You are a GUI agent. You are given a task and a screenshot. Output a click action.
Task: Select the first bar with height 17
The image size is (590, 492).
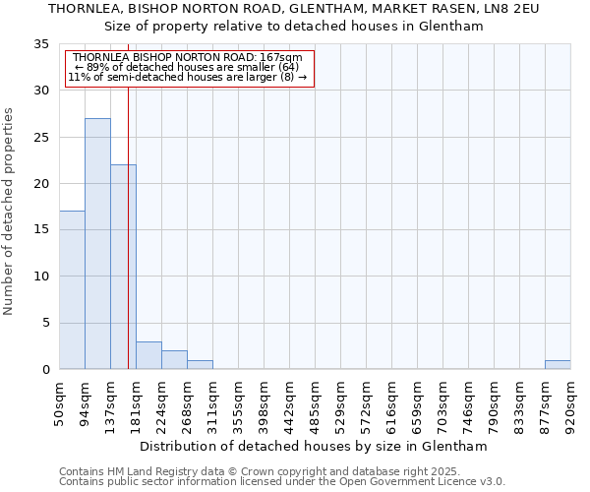(72, 290)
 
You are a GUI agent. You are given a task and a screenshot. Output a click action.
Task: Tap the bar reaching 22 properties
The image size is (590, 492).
(123, 267)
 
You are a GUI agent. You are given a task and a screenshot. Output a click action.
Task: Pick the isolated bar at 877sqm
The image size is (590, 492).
(558, 364)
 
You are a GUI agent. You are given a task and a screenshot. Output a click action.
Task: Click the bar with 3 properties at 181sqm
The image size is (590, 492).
(148, 355)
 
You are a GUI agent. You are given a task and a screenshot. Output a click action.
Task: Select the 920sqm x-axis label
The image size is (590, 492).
(570, 403)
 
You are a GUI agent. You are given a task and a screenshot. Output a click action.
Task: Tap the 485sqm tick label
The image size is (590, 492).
(315, 403)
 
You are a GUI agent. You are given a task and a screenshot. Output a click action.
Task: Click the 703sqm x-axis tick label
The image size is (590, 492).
(442, 403)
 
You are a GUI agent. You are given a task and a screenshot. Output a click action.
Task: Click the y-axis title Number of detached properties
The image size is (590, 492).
(9, 211)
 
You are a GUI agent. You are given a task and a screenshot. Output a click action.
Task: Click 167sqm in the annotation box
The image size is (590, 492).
(285, 58)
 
